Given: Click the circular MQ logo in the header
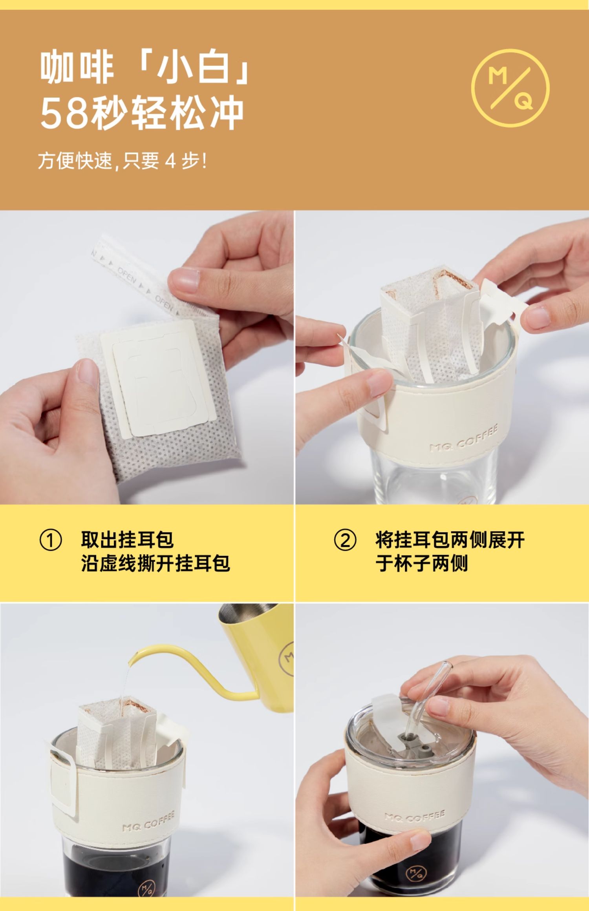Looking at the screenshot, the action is pyautogui.click(x=510, y=89).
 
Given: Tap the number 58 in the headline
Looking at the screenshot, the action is pyautogui.click(x=64, y=114).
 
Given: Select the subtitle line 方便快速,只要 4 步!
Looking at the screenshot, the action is pyautogui.click(x=122, y=161).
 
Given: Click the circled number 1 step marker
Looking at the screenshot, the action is pyautogui.click(x=51, y=540).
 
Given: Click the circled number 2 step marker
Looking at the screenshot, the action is pyautogui.click(x=345, y=540).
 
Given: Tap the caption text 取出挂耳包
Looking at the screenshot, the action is pyautogui.click(x=127, y=539).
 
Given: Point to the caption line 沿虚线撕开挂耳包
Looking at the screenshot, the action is pyautogui.click(x=155, y=563).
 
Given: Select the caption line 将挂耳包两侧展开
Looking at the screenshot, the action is pyautogui.click(x=450, y=540).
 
